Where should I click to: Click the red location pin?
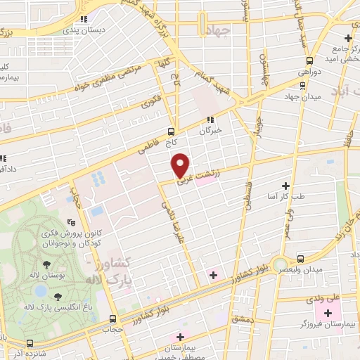181,165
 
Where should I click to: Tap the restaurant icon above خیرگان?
210,120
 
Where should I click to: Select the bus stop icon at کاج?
172,131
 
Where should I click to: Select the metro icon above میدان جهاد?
302,85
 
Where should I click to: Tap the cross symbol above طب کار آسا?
285,186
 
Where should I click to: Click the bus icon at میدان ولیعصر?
302,259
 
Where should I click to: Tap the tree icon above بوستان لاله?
46,265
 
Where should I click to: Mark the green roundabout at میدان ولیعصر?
285,263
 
